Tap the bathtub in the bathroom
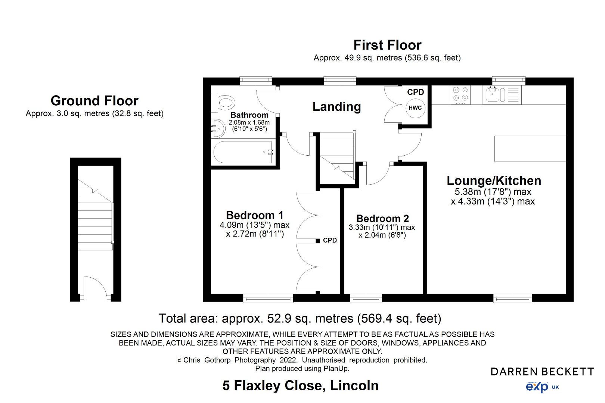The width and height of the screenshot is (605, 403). (243, 152)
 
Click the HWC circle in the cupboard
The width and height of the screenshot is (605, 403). (415, 108)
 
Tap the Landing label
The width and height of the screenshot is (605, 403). (336, 107)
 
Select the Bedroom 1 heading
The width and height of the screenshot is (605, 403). (254, 215)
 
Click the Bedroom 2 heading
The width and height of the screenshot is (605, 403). (382, 218)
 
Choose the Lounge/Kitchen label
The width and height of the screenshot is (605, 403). (494, 181)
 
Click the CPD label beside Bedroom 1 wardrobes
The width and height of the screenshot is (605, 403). (330, 240)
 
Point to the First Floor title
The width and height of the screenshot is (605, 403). (387, 45)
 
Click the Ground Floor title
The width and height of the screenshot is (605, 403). (94, 101)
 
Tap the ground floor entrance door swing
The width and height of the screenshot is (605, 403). (94, 287)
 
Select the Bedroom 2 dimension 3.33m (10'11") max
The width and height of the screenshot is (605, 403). (382, 227)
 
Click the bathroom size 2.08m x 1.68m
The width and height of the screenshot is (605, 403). (249, 122)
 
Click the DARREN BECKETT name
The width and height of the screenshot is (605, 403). (542, 372)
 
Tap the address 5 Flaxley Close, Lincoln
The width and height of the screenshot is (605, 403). (300, 385)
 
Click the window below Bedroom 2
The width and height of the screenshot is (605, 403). (366, 298)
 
